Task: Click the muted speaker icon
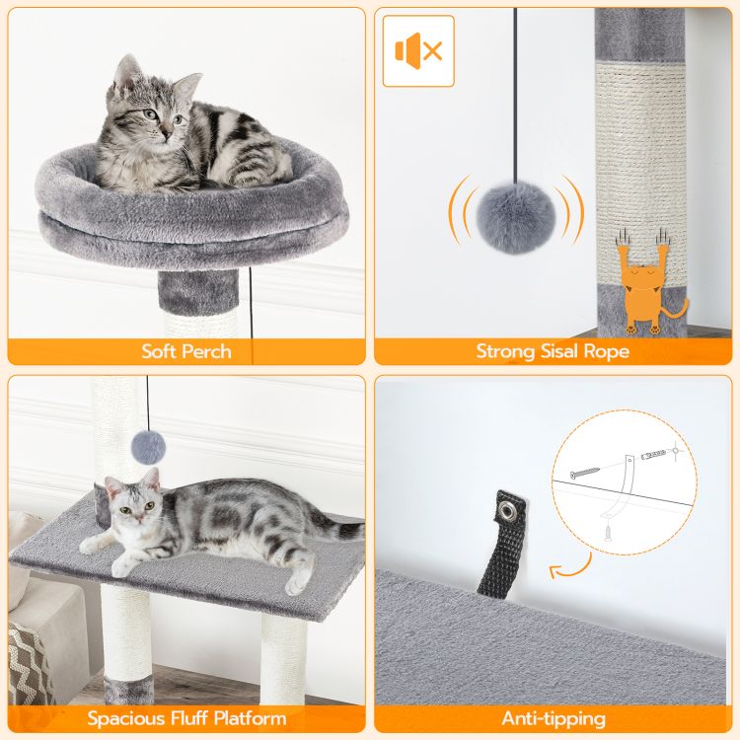point(418,50)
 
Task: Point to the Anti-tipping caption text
point(554,718)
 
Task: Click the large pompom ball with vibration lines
point(516,217)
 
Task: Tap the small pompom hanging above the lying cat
point(148,447)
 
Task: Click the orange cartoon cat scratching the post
point(647,283)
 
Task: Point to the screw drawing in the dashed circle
point(584,473)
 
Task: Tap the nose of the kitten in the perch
point(166,133)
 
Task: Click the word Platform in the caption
point(251,718)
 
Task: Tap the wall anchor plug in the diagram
point(653,455)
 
